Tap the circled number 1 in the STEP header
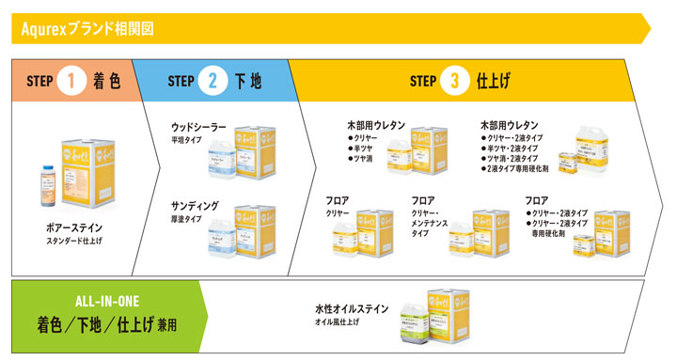coord(71,81)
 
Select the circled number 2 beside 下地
coord(212,81)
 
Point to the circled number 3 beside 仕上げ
coord(455,81)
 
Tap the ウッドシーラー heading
coord(198,126)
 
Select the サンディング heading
coord(195,205)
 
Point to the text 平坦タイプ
coord(186,139)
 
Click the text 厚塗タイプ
coord(186,219)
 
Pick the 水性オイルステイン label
coord(352,308)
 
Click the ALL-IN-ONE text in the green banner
coord(106,301)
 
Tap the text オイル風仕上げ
coord(338,322)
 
